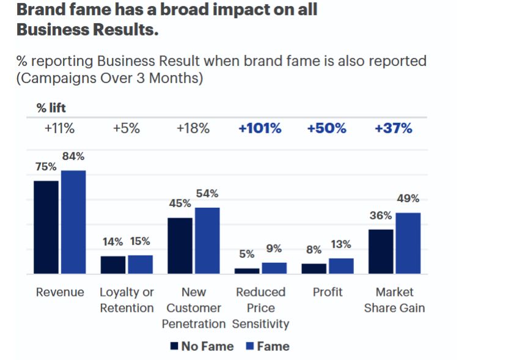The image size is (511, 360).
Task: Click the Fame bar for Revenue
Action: (x=73, y=222)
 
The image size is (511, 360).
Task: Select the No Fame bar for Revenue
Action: (x=46, y=227)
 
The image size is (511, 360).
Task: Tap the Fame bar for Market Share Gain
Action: (x=408, y=243)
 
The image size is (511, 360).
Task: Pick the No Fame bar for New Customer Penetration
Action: (x=180, y=246)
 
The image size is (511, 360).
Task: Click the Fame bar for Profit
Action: (x=341, y=266)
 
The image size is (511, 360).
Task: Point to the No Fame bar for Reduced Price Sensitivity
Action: (x=247, y=271)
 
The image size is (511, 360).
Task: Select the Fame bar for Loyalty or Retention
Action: (x=140, y=265)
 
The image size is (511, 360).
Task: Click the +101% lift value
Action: (x=260, y=128)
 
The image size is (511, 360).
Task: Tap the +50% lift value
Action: (x=326, y=128)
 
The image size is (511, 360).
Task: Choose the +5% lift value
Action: (x=127, y=128)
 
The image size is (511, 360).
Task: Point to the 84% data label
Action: (x=73, y=156)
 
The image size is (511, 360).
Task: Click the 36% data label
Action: (x=380, y=216)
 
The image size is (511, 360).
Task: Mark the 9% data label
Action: (x=274, y=249)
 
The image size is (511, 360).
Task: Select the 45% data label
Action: (x=180, y=204)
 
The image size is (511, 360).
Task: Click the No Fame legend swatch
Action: (x=174, y=347)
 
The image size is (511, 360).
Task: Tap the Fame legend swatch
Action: (x=250, y=347)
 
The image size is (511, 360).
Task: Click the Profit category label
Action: (x=328, y=292)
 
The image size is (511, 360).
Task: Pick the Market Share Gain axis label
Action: (x=394, y=300)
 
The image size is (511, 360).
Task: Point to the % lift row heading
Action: (x=51, y=108)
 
